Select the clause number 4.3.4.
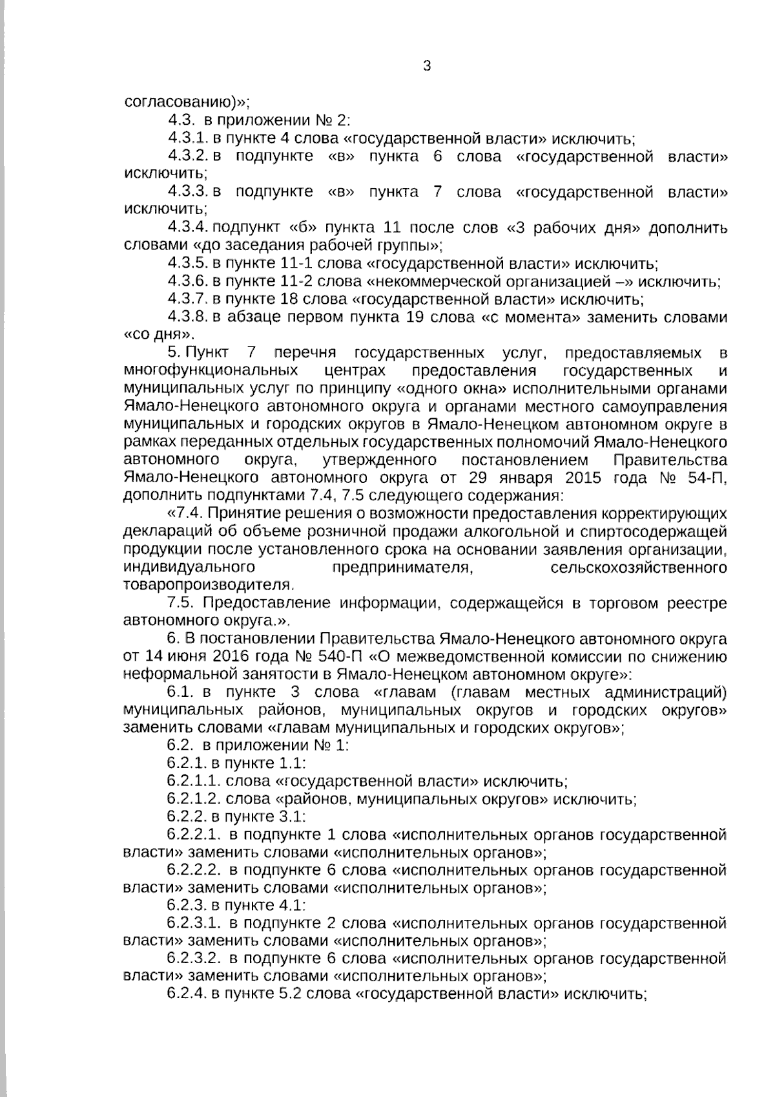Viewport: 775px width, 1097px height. coord(187,228)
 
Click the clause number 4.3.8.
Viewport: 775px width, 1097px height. coord(187,317)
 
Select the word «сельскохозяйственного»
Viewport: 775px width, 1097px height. coord(639,568)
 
